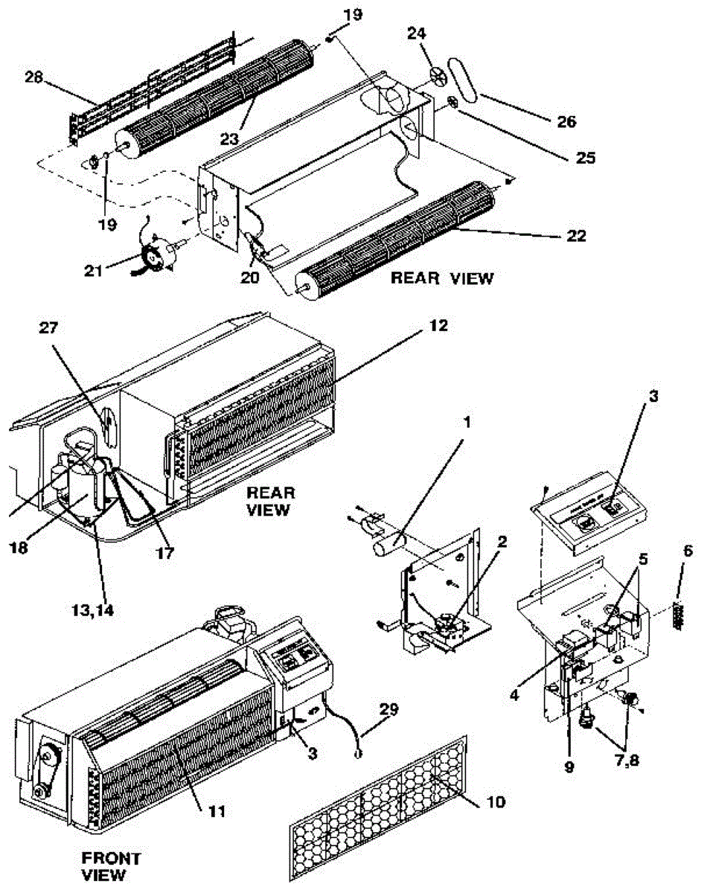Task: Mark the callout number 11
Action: point(217,809)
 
